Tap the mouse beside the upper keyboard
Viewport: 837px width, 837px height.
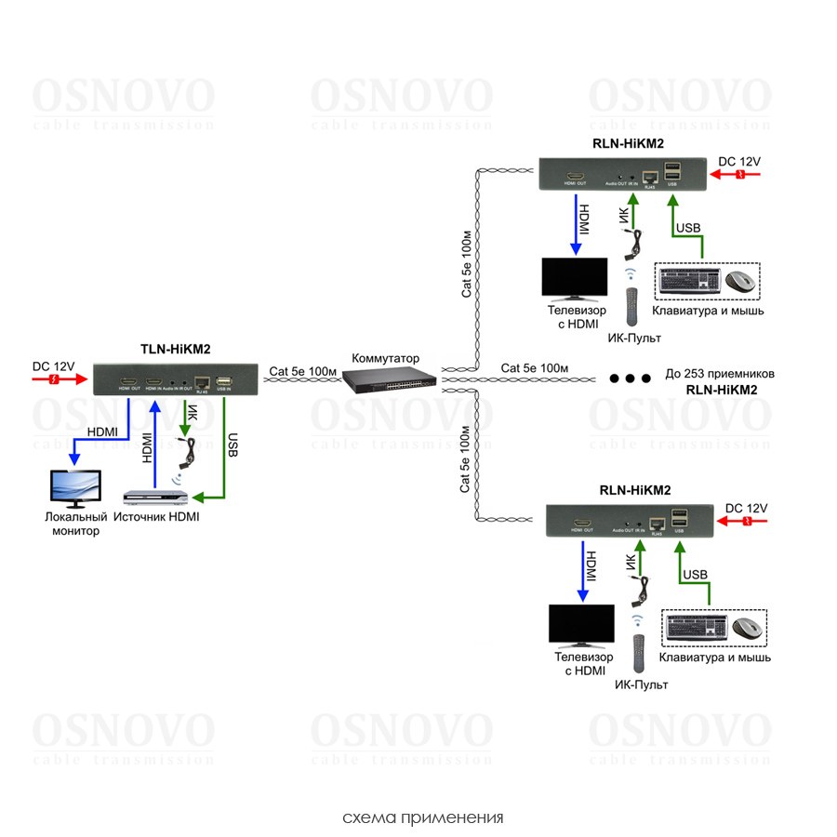[x=739, y=281]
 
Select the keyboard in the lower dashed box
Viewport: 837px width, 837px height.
[x=695, y=629]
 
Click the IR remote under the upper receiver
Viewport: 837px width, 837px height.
[x=632, y=306]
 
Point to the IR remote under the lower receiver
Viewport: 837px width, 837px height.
[x=639, y=653]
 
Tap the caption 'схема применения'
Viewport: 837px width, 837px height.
[x=423, y=817]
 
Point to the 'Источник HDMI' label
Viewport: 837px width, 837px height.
[x=157, y=516]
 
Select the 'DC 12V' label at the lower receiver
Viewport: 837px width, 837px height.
[x=746, y=508]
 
